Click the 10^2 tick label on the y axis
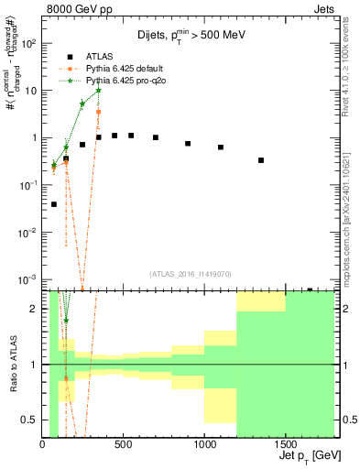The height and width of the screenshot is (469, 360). click(x=28, y=43)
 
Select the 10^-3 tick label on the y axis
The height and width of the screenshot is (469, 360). click(x=28, y=279)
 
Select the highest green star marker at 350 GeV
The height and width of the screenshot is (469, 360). click(x=98, y=91)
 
